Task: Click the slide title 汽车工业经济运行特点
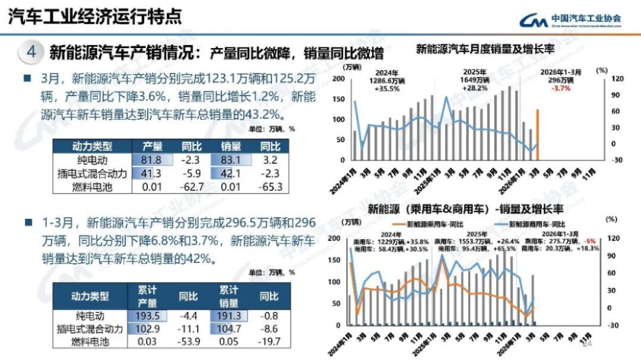point(94,16)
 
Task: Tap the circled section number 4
point(31,52)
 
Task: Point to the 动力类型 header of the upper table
point(91,146)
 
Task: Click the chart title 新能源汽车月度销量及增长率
point(485,49)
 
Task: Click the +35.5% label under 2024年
point(386,88)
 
